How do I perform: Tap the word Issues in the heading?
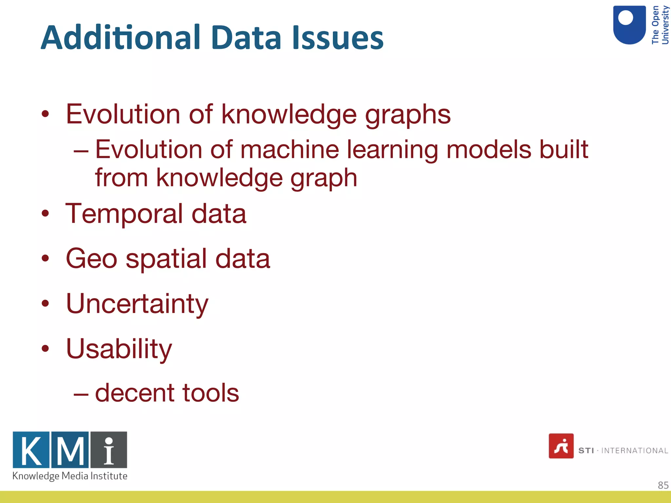point(337,38)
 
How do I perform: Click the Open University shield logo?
point(629,25)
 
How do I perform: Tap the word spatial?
point(166,259)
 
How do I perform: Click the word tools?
point(210,393)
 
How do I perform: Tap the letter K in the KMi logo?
point(31,450)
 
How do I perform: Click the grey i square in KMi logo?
point(109,450)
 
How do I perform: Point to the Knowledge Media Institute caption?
point(70,476)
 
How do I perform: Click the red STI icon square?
point(561,446)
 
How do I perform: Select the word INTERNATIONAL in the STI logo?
point(634,451)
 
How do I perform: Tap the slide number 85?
point(663,485)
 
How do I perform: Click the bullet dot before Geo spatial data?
point(45,258)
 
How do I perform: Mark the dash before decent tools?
point(81,394)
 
